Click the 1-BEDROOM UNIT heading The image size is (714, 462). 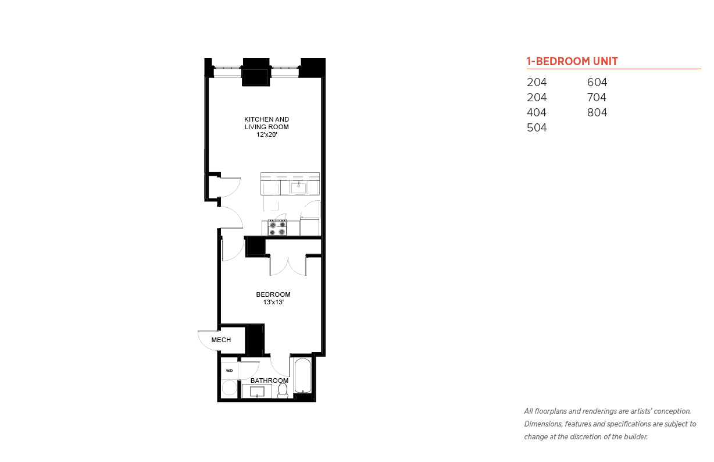572,61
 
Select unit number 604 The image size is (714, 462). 597,82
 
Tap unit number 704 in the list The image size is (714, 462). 597,97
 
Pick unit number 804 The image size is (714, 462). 597,112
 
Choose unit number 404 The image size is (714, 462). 537,112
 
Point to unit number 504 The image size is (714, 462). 537,127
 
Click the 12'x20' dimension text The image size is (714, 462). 267,134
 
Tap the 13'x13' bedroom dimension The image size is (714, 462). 273,302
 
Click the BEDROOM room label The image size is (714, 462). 273,294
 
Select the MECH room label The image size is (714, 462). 221,340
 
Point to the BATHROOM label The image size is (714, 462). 269,381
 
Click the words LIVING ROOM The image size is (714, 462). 266,127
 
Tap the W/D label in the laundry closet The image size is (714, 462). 229,371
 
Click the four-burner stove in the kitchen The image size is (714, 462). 277,227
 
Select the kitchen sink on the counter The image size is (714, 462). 299,188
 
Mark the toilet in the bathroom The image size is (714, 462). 283,390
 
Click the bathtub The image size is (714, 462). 302,375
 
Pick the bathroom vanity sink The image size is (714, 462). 257,392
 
